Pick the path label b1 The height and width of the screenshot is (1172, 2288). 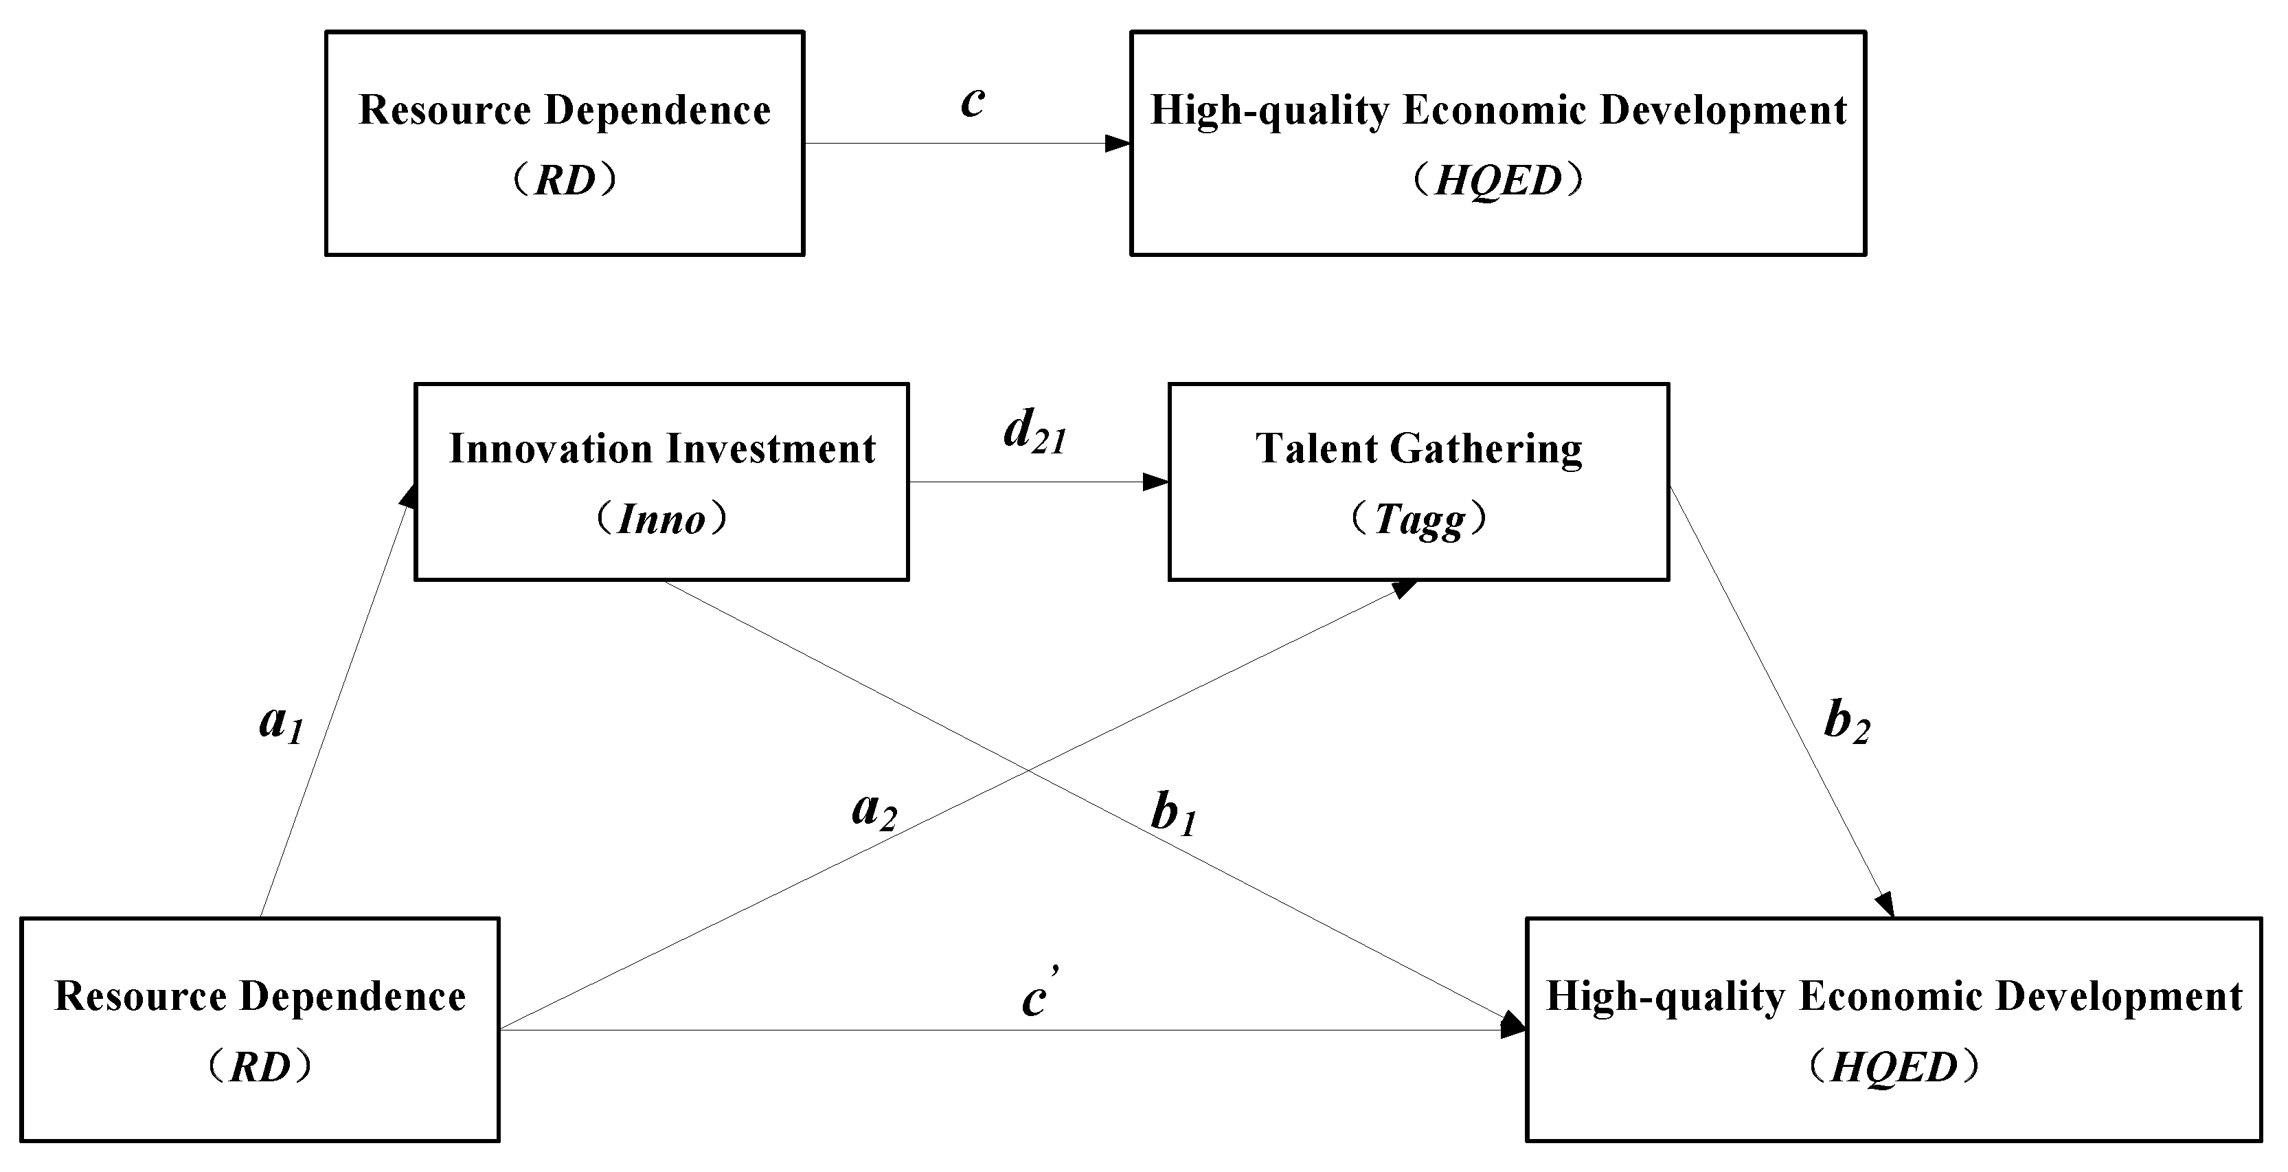click(x=1173, y=815)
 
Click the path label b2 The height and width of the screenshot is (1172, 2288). click(x=1846, y=721)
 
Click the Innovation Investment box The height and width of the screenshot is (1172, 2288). click(x=661, y=482)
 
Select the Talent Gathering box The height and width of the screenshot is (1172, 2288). click(x=1418, y=482)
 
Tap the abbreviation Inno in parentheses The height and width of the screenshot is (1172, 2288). click(x=661, y=519)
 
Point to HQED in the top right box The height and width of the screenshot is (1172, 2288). click(x=1497, y=181)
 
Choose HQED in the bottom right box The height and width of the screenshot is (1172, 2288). click(x=1894, y=1067)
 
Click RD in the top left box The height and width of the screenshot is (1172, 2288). click(x=565, y=181)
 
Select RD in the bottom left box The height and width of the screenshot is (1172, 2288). click(x=260, y=1067)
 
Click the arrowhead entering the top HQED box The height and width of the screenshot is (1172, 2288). click(x=1118, y=143)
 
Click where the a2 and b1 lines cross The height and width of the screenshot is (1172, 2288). click(x=1027, y=769)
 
